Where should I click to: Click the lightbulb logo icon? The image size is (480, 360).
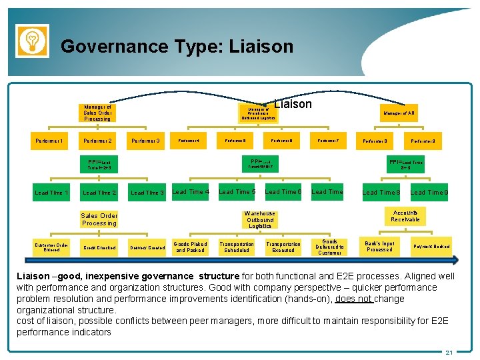click(x=32, y=40)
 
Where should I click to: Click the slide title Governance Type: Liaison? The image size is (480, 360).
click(x=177, y=47)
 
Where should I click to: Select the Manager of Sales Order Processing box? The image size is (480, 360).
click(x=98, y=113)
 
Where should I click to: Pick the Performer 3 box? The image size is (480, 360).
click(x=145, y=141)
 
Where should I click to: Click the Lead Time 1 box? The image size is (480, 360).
click(x=51, y=193)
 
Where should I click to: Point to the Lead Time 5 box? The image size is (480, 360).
click(x=237, y=192)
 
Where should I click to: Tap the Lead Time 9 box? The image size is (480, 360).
click(x=429, y=193)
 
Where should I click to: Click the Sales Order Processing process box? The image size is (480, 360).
click(x=99, y=219)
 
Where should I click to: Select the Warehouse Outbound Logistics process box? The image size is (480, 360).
click(x=260, y=220)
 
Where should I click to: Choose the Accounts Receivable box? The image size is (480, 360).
click(x=405, y=216)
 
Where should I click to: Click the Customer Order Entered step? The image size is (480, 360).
click(x=51, y=247)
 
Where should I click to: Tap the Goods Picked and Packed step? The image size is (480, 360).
click(x=191, y=247)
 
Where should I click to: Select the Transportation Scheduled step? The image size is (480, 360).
click(x=237, y=247)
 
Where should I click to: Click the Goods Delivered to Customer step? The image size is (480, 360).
click(x=329, y=247)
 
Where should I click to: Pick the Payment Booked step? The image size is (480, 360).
click(x=431, y=247)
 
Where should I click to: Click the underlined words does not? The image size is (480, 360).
click(x=353, y=299)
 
